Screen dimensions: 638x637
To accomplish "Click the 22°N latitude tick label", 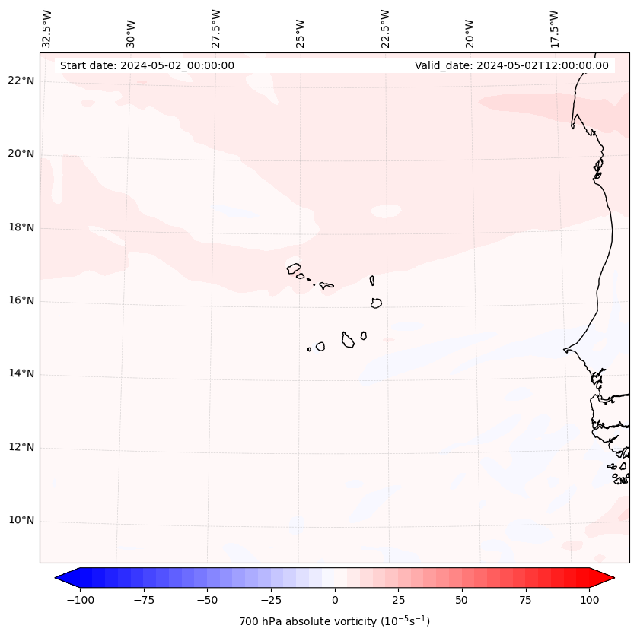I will (x=21, y=81).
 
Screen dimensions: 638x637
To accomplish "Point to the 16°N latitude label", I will (x=21, y=301).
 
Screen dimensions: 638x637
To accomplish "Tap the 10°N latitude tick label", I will (x=21, y=521).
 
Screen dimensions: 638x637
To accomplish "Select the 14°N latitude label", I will (x=21, y=374).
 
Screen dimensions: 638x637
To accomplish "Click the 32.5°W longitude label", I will (x=47, y=28).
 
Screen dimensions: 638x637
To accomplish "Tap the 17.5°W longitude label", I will (x=554, y=28).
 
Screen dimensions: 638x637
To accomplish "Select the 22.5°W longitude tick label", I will (x=385, y=28).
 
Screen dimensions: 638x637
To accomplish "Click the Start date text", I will (x=147, y=65).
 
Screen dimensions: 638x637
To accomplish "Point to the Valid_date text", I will (x=511, y=65).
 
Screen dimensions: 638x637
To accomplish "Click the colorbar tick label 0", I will (x=334, y=600).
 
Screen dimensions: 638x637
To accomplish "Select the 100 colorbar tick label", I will (x=589, y=600).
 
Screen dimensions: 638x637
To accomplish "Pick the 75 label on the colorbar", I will (x=526, y=600).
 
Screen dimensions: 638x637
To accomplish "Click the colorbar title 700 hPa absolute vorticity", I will (x=334, y=621).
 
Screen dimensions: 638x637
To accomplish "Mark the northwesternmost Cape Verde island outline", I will (x=294, y=268).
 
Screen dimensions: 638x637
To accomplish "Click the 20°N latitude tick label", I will (x=21, y=154).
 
